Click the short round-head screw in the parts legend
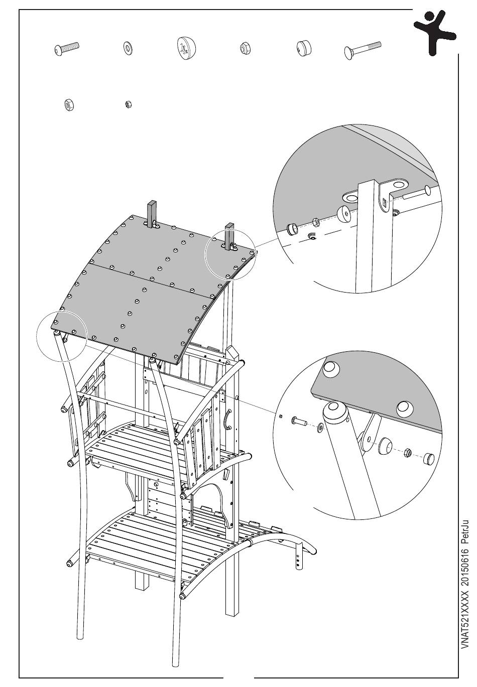click(67, 49)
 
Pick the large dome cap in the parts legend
click(186, 49)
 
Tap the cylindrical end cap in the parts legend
click(303, 49)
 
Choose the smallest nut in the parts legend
click(128, 104)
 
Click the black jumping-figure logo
click(435, 32)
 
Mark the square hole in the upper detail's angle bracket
click(384, 203)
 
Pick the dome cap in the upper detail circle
click(344, 213)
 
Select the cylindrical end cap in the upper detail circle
click(291, 229)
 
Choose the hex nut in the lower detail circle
click(408, 453)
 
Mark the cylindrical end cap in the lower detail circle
click(428, 459)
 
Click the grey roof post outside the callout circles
click(152, 213)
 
